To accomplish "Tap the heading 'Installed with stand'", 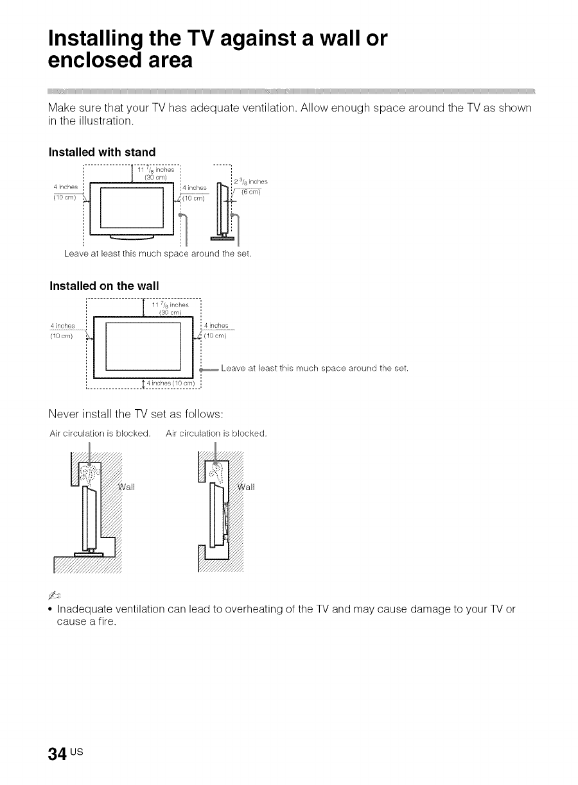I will [102, 152].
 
